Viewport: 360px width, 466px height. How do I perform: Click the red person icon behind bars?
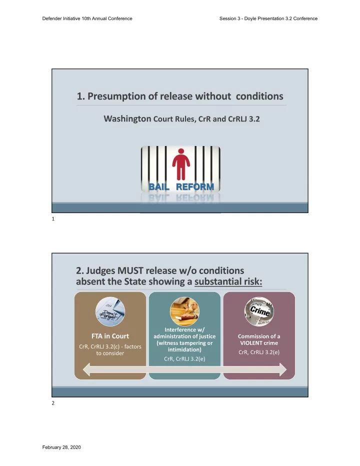pyautogui.click(x=180, y=164)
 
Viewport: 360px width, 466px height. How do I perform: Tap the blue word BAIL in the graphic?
pyautogui.click(x=158, y=186)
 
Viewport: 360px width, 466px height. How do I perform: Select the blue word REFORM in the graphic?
pyautogui.click(x=195, y=186)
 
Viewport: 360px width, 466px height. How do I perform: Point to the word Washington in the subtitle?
pyautogui.click(x=127, y=118)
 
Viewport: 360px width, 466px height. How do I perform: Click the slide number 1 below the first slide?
pyautogui.click(x=53, y=218)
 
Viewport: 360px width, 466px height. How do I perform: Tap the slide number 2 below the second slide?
pyautogui.click(x=53, y=403)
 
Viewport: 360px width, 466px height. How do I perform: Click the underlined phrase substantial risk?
pyautogui.click(x=228, y=281)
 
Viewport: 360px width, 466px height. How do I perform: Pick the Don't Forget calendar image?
pyautogui.click(x=110, y=312)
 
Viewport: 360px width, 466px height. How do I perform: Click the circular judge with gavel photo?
pyautogui.click(x=184, y=312)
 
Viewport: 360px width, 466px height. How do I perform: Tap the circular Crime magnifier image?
pyautogui.click(x=259, y=312)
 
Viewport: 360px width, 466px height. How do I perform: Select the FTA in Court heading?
pyautogui.click(x=110, y=336)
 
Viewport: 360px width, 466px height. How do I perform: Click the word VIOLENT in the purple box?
pyautogui.click(x=250, y=343)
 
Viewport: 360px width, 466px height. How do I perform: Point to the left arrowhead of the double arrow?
pyautogui.click(x=86, y=369)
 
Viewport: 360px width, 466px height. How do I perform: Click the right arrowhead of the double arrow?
pyautogui.click(x=283, y=369)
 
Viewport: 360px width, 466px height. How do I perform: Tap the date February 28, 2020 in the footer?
pyautogui.click(x=61, y=447)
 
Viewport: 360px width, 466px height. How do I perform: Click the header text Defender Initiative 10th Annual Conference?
pyautogui.click(x=87, y=18)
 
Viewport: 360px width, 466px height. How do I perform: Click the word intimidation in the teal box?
pyautogui.click(x=184, y=349)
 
